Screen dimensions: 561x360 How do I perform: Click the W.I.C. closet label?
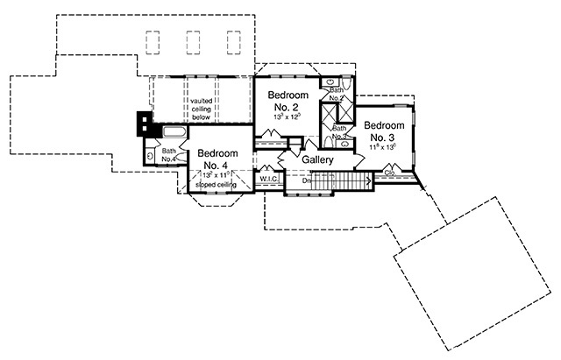267,180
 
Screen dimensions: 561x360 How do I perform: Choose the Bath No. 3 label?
340,132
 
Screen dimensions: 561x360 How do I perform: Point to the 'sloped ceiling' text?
215,186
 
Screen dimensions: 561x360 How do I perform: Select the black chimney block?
140,123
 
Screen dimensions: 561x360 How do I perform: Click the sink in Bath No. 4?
151,156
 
